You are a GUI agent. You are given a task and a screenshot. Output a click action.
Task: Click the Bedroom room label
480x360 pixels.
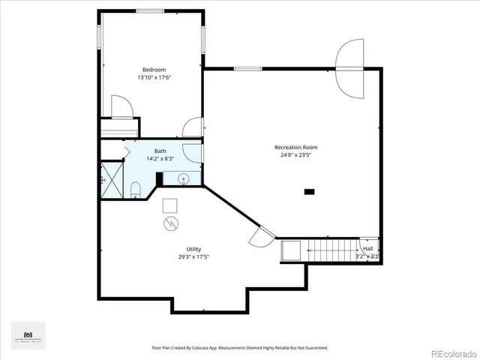[x=154, y=69]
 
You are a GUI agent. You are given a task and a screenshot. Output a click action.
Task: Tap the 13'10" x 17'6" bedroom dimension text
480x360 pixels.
[x=154, y=77]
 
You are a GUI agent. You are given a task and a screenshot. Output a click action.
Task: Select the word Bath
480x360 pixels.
[x=160, y=151]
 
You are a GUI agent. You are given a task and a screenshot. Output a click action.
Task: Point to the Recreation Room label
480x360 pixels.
[x=295, y=147]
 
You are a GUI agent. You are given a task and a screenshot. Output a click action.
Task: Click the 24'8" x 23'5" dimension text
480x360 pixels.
[x=295, y=156]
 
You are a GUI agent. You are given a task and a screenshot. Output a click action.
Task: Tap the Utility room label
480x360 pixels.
[x=193, y=249]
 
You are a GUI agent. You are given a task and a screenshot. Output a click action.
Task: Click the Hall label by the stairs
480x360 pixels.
[x=367, y=248]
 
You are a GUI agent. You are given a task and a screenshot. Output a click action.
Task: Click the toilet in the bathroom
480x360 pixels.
[x=135, y=190]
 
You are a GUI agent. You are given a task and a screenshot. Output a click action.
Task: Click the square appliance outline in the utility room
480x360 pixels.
[x=170, y=205]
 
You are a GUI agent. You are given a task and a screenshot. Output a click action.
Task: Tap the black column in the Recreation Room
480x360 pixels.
[x=309, y=192]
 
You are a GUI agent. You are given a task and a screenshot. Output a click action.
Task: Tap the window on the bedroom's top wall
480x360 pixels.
[x=150, y=10]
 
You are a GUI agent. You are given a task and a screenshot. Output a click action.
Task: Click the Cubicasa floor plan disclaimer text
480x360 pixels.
[x=240, y=348]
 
